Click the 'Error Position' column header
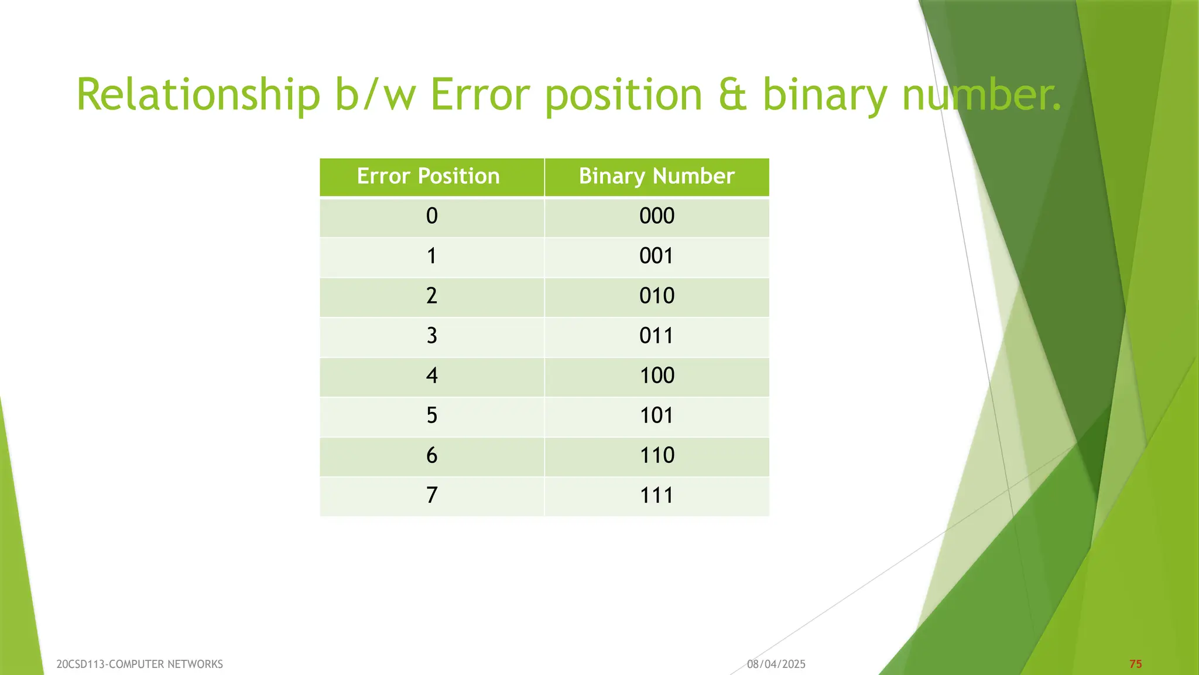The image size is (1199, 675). point(428,176)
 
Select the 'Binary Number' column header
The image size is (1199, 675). point(656,176)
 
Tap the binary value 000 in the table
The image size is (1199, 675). point(657,216)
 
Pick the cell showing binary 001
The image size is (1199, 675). point(656,256)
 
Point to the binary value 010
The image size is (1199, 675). point(657,296)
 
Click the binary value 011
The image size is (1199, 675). point(656,336)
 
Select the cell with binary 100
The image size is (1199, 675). point(657,376)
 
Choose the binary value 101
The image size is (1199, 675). point(656,415)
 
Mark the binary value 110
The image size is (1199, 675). point(657,455)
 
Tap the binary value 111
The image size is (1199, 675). point(656,495)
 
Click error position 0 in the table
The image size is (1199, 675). point(431,216)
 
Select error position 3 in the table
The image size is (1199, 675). point(431,336)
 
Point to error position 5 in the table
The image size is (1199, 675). point(431,415)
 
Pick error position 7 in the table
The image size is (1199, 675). point(431,495)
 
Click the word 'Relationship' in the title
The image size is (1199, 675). point(198,95)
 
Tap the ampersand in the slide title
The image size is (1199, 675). point(732,95)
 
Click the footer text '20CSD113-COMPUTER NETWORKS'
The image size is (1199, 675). point(139,664)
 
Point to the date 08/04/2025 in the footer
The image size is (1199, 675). point(776,664)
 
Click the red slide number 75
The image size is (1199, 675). point(1135,664)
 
